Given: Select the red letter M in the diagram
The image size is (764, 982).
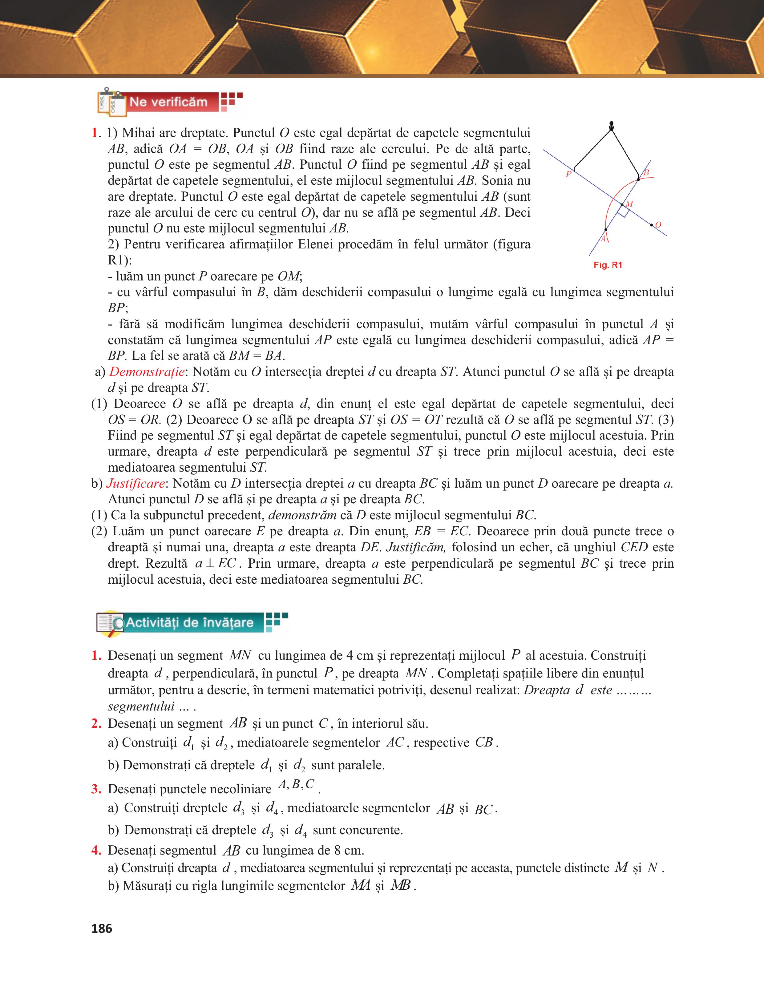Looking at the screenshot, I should point(629,204).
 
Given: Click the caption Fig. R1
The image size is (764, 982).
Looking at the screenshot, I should point(608,265).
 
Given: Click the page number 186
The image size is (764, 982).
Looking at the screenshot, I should point(102,928).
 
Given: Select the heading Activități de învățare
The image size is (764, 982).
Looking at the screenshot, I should point(189,623).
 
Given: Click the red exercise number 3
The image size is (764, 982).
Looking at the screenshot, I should point(95,790).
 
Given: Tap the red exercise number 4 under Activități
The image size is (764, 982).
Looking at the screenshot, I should point(95,850).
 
